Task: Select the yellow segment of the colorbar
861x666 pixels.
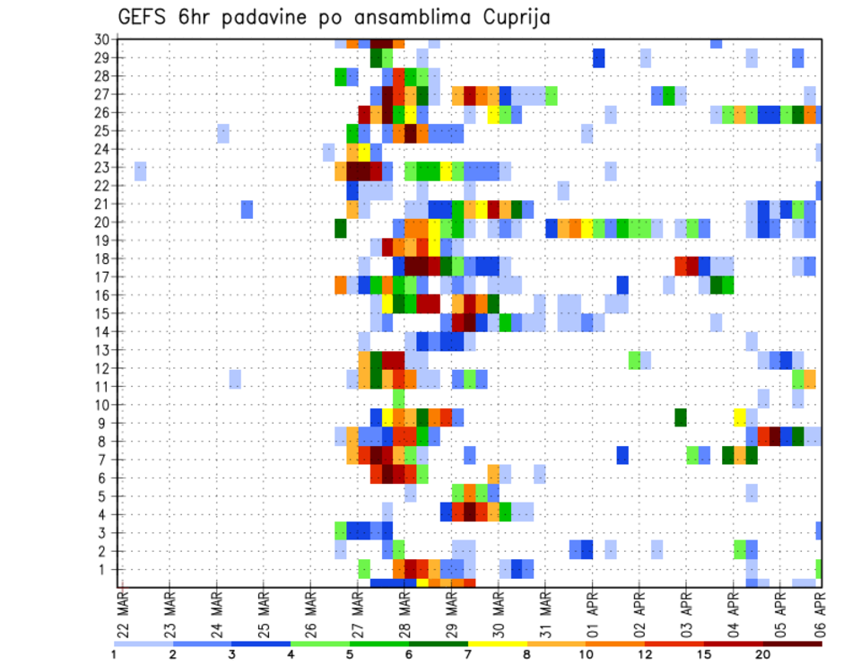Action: (497, 644)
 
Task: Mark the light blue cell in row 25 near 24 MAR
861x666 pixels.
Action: (223, 131)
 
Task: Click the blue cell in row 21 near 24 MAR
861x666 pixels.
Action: (247, 208)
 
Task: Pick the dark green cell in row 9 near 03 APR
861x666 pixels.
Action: (681, 417)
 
